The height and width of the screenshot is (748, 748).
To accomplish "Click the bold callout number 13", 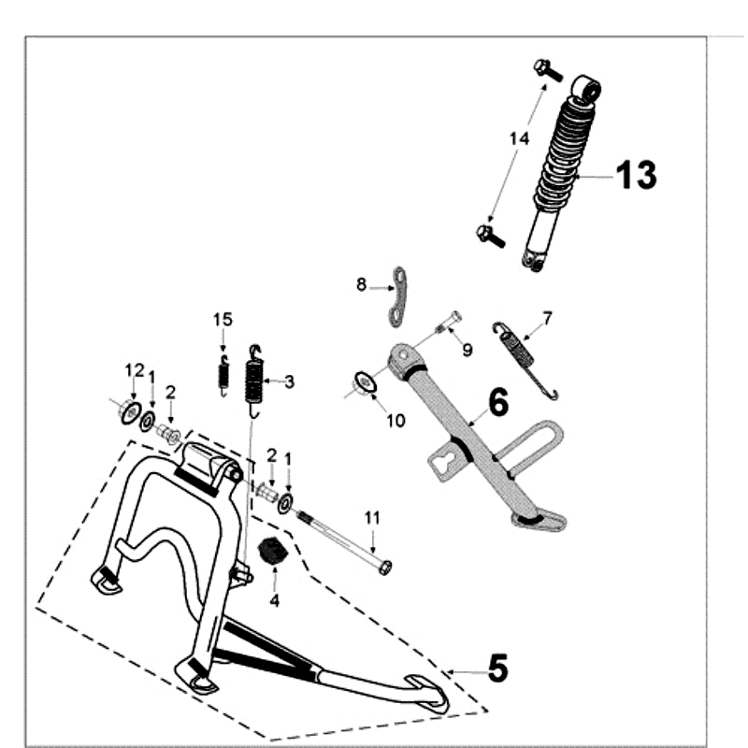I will [636, 175].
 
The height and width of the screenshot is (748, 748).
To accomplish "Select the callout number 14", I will [519, 138].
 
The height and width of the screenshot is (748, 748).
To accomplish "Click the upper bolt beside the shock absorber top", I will [547, 68].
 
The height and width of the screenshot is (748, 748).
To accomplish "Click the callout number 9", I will [467, 349].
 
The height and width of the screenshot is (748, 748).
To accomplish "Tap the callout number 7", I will [548, 318].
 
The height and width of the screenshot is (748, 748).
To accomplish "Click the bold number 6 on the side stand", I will [497, 403].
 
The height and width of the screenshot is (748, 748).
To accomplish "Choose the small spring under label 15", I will [223, 375].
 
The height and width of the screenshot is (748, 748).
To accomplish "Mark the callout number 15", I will [222, 320].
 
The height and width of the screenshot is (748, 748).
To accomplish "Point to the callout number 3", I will [290, 381].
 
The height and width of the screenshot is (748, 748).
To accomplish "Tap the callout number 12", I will [133, 373].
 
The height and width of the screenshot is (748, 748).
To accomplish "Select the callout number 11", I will [372, 517].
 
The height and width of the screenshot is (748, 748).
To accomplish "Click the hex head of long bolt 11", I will [384, 567].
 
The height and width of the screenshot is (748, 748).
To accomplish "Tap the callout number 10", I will [395, 421].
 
